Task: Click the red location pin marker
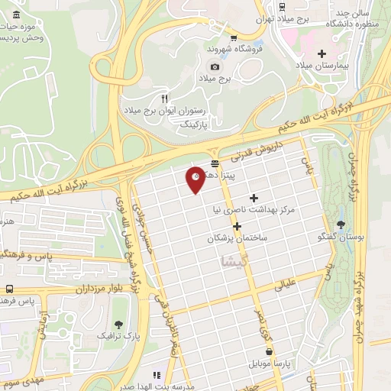coord(195,179)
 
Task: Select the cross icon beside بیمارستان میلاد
coord(322,53)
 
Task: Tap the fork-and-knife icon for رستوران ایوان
coord(163,99)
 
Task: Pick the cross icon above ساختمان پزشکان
coord(238,226)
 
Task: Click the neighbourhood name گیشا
coord(234,262)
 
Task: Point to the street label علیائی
coord(284,286)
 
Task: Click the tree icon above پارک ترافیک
coord(119,324)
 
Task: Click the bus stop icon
coord(10,289)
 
